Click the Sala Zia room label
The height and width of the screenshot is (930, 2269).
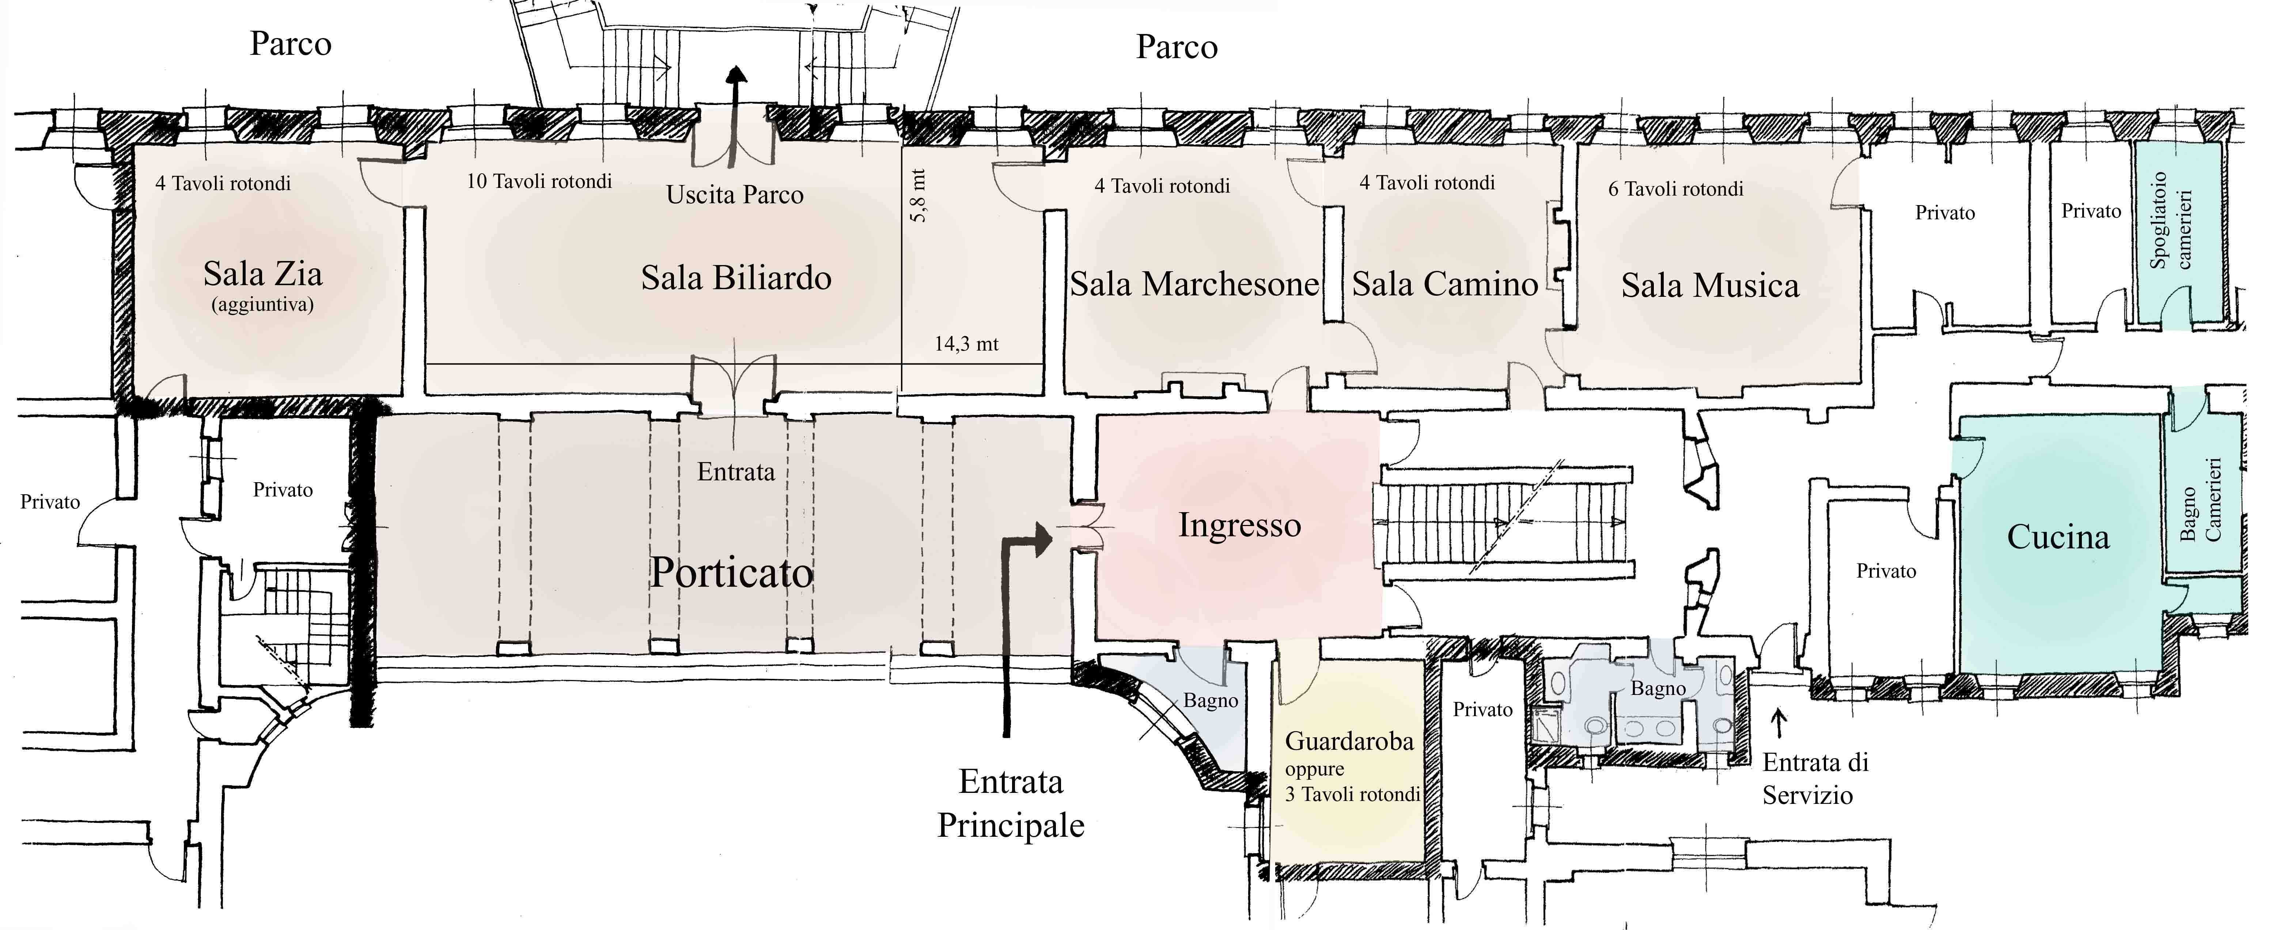[x=262, y=274]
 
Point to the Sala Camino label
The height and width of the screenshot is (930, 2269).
[x=1444, y=284]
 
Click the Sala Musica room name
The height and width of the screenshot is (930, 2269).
[x=1710, y=286]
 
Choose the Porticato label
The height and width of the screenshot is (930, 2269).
[x=731, y=573]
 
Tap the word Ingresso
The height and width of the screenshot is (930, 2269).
[x=1239, y=526]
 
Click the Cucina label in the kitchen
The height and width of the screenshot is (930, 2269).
[x=2058, y=537]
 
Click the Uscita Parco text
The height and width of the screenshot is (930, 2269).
[x=735, y=194]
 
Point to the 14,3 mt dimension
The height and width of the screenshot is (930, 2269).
[x=966, y=344]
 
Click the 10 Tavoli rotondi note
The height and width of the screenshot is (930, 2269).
[x=539, y=181]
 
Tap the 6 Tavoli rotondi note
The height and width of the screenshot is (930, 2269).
[x=1675, y=189]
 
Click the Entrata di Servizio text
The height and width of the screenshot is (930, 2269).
[x=1814, y=779]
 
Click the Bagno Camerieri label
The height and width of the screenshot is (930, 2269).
[x=2200, y=499]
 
